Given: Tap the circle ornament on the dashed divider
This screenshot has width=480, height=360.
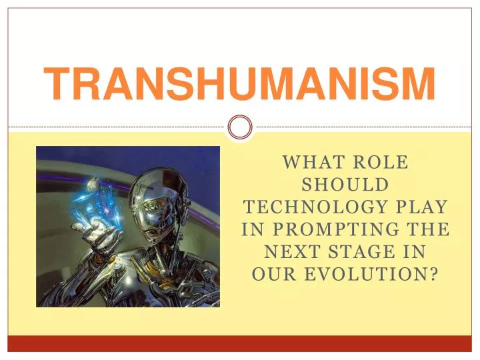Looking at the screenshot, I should point(240,127).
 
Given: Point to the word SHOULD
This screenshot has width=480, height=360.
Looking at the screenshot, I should point(344,184).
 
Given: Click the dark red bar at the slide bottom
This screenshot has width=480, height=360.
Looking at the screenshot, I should point(240,343).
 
